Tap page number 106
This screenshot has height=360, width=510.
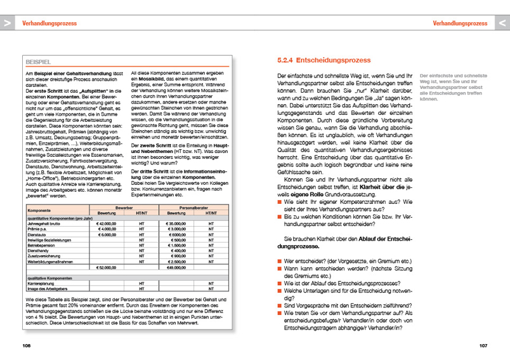pyautogui.click(x=26, y=345)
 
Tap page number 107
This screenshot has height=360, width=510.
pyautogui.click(x=483, y=345)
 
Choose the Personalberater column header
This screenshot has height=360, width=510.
pyautogui.click(x=194, y=208)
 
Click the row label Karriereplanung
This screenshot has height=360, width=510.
pyautogui.click(x=43, y=283)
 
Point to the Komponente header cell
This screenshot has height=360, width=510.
pyautogui.click(x=39, y=210)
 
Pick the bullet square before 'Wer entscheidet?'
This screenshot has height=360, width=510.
pyautogui.click(x=280, y=261)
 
